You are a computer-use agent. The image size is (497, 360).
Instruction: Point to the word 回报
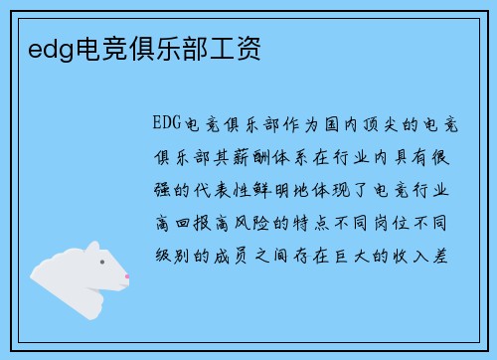(193, 221)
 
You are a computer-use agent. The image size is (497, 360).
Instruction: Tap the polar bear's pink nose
(126, 275)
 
